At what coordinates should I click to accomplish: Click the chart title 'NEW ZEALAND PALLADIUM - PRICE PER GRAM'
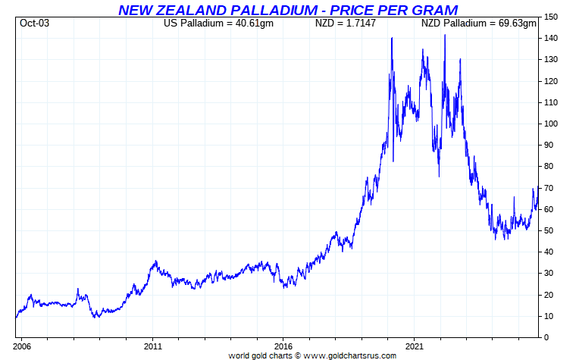(287, 10)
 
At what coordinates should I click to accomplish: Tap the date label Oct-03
(34, 23)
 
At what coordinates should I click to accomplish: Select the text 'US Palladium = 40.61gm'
(218, 23)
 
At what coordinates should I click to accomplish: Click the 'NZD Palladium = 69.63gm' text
(479, 23)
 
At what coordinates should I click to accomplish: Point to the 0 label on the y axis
(546, 337)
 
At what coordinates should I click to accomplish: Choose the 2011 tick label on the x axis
(152, 345)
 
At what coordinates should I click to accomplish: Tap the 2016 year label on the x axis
(283, 345)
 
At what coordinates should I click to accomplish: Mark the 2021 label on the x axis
(414, 345)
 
